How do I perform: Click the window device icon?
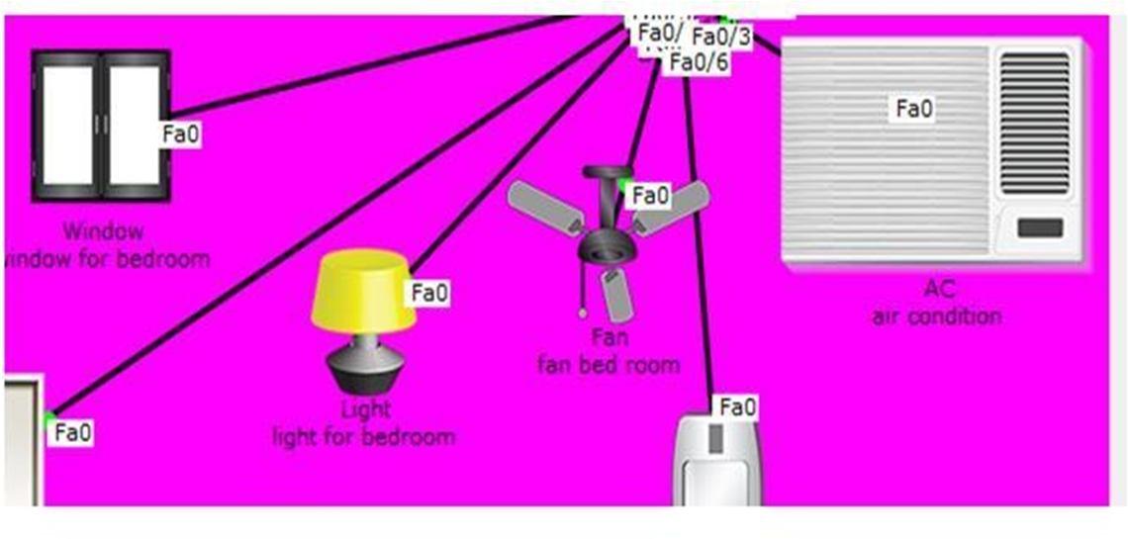(x=100, y=126)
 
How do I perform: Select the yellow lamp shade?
(x=363, y=290)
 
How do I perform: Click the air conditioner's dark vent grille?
(x=1034, y=123)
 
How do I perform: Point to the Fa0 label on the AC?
(x=914, y=108)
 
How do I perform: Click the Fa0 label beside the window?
(x=181, y=135)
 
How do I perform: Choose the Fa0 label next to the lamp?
(x=430, y=293)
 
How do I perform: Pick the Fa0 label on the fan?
(x=650, y=196)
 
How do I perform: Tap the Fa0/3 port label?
(x=721, y=37)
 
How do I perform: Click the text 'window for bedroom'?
(x=107, y=260)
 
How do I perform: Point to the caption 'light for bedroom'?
(x=364, y=436)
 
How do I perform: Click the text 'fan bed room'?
(x=609, y=364)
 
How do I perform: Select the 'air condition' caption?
(x=936, y=316)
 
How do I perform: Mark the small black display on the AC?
(x=1039, y=228)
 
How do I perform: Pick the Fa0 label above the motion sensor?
(x=737, y=406)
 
